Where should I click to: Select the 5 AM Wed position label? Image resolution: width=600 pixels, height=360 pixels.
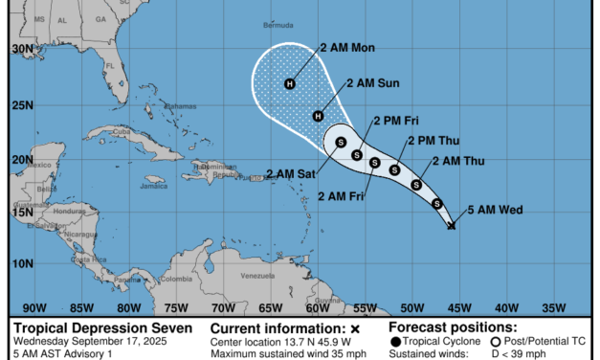click(x=495, y=210)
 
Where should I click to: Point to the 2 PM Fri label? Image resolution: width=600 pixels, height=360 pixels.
click(x=395, y=120)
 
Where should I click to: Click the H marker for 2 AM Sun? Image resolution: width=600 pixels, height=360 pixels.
click(x=319, y=116)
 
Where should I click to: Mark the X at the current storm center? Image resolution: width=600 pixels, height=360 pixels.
click(x=452, y=226)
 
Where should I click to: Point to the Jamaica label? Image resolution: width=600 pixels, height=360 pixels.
click(x=153, y=186)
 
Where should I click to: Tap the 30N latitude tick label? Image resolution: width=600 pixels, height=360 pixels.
click(x=17, y=47)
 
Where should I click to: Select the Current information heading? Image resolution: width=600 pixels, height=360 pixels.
click(x=271, y=327)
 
